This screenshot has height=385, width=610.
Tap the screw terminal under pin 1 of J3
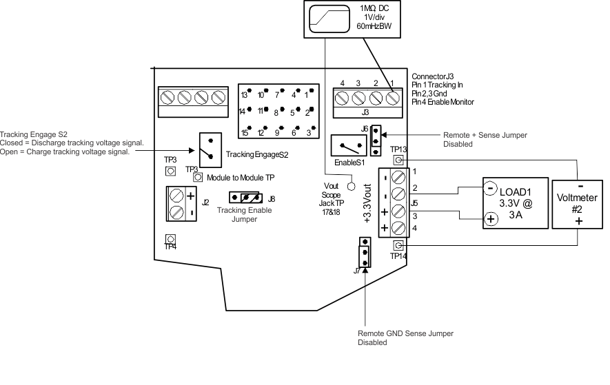393,98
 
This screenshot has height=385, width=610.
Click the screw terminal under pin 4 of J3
342,98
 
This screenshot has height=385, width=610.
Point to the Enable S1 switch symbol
349,146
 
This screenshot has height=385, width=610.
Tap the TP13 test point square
398,160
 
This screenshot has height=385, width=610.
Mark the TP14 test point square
398,247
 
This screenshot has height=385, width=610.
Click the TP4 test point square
170,239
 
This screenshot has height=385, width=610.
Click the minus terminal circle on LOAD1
489,187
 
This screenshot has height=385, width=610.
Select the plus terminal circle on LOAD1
489,220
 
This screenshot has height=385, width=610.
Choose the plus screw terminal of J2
177,195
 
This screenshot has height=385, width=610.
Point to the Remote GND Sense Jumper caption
405,337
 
